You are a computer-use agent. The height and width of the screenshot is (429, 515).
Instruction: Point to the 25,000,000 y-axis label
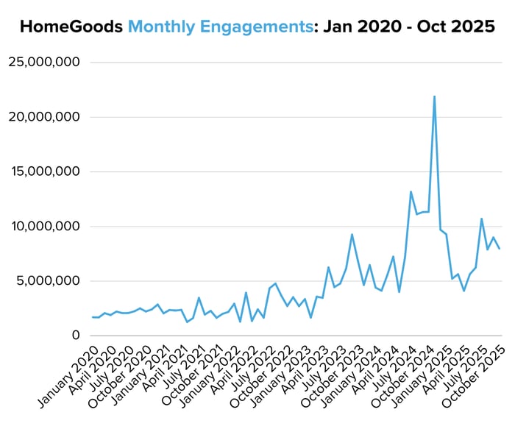click(x=44, y=63)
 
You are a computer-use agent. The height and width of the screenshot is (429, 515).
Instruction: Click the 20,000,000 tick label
click(x=44, y=117)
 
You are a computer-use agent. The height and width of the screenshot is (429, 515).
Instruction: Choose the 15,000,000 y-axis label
click(x=44, y=171)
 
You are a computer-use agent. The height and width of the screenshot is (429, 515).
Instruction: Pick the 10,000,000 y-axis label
click(x=44, y=226)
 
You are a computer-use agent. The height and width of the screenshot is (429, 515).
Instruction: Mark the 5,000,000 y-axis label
click(x=49, y=280)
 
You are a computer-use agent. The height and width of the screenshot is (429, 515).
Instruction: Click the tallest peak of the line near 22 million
click(x=434, y=96)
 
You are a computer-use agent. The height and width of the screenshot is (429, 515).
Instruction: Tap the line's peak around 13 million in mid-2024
click(x=411, y=191)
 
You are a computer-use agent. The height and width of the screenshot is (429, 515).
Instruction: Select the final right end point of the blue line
click(x=500, y=249)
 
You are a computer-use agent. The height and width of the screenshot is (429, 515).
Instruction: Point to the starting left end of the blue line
click(x=93, y=317)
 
